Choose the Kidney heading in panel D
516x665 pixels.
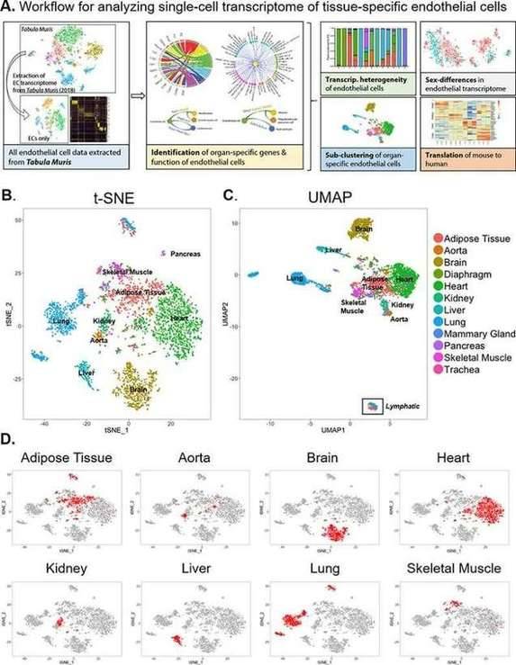point(61,567)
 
